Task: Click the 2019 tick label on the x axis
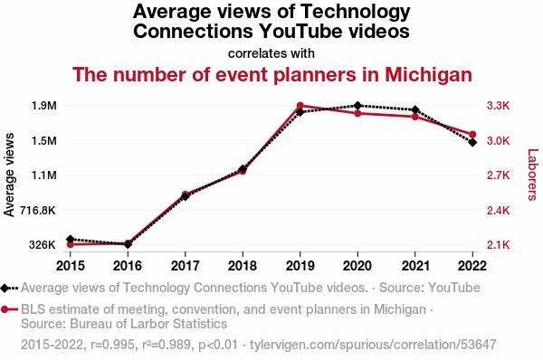pyautogui.click(x=300, y=266)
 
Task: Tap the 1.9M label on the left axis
pyautogui.click(x=44, y=106)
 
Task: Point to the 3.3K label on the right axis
pyautogui.click(x=499, y=106)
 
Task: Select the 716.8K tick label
pyautogui.click(x=38, y=210)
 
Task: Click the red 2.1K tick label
pyautogui.click(x=499, y=245)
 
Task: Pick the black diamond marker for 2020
pyautogui.click(x=357, y=106)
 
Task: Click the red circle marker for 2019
pyautogui.click(x=300, y=106)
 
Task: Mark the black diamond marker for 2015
pyautogui.click(x=71, y=239)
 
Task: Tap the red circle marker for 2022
pyautogui.click(x=472, y=134)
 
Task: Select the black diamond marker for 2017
pyautogui.click(x=186, y=196)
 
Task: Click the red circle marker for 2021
pyautogui.click(x=414, y=117)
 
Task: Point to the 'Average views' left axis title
pyautogui.click(x=9, y=175)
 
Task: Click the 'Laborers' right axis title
pyautogui.click(x=533, y=175)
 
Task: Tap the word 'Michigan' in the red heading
pyautogui.click(x=428, y=74)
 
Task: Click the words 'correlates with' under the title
pyautogui.click(x=271, y=53)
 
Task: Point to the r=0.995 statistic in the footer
pyautogui.click(x=112, y=345)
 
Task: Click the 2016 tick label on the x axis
pyautogui.click(x=128, y=266)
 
